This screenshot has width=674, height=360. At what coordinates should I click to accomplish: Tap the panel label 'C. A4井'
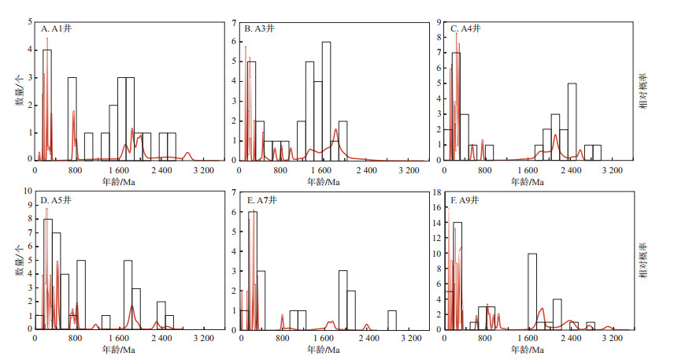click(x=465, y=28)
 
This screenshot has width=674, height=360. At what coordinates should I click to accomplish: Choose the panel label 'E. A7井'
click(x=261, y=200)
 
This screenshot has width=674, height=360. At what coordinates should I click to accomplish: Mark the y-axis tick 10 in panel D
click(x=29, y=191)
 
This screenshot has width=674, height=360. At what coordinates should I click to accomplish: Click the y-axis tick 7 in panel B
click(x=234, y=20)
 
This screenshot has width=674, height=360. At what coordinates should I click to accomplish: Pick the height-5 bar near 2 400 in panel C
click(x=572, y=121)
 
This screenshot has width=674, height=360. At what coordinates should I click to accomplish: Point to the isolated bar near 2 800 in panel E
click(x=392, y=319)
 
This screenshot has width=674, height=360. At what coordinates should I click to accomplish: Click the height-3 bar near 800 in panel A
click(x=72, y=118)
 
